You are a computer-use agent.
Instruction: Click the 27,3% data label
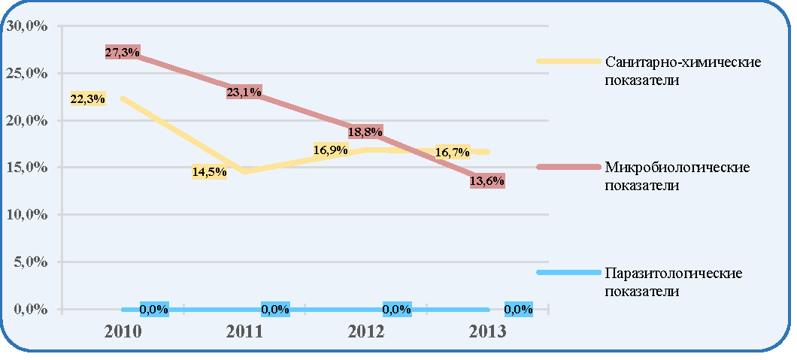(123, 52)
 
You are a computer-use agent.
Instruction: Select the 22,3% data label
(87, 99)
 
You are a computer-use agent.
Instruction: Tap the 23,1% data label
(244, 92)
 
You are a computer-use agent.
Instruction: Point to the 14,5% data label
(210, 172)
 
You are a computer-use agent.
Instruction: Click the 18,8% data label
(365, 132)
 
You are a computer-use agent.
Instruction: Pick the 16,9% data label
(331, 150)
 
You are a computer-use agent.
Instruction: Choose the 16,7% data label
(453, 152)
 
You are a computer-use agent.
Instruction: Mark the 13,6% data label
(487, 181)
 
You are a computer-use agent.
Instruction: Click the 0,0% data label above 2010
(153, 309)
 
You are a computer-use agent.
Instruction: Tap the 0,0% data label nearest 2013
(519, 309)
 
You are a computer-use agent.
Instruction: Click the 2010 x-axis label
(122, 331)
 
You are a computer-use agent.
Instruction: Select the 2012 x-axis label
(366, 331)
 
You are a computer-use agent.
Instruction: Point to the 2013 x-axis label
(488, 331)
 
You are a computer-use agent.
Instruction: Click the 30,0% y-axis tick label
(26, 26)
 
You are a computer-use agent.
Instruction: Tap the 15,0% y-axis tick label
(26, 168)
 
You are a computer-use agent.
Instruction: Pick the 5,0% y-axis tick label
(29, 262)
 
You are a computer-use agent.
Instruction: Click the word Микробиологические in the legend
(677, 168)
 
